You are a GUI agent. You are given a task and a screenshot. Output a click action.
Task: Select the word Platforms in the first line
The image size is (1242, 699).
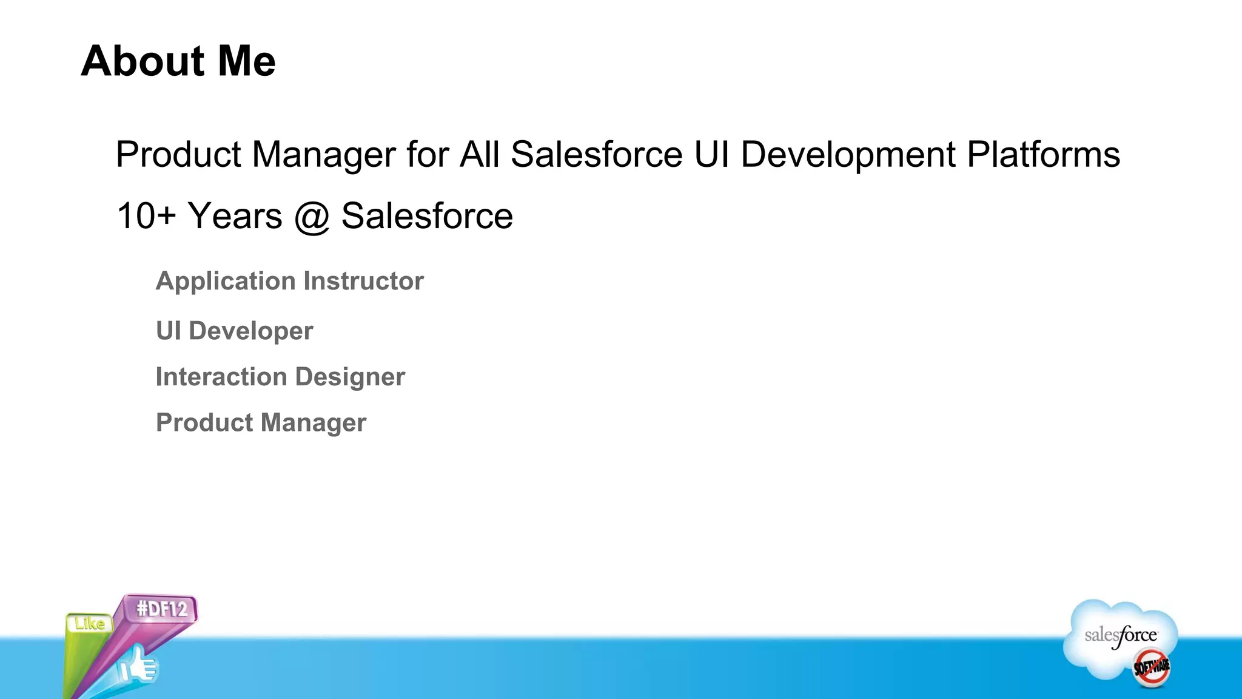[x=1043, y=155]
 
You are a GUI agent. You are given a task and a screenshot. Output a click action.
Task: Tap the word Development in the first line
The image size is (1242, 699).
[x=848, y=155]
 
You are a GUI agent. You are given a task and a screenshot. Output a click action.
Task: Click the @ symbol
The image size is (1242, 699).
[x=312, y=217]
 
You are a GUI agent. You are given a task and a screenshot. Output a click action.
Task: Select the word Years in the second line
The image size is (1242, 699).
[x=235, y=216]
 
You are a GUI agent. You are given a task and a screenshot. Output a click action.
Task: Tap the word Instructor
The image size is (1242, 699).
[x=363, y=281]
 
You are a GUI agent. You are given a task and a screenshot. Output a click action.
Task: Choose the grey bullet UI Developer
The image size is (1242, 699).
[x=234, y=331]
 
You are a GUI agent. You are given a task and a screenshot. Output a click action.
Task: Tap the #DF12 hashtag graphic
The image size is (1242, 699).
[x=161, y=609]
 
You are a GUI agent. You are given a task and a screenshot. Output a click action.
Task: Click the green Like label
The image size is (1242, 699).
[x=90, y=623]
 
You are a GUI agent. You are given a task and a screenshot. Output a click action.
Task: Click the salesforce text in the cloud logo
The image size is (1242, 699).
[x=1120, y=636]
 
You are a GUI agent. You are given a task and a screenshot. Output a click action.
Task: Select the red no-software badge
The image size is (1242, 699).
[x=1152, y=667]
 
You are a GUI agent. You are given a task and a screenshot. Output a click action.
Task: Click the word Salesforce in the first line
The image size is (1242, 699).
[x=597, y=155]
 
